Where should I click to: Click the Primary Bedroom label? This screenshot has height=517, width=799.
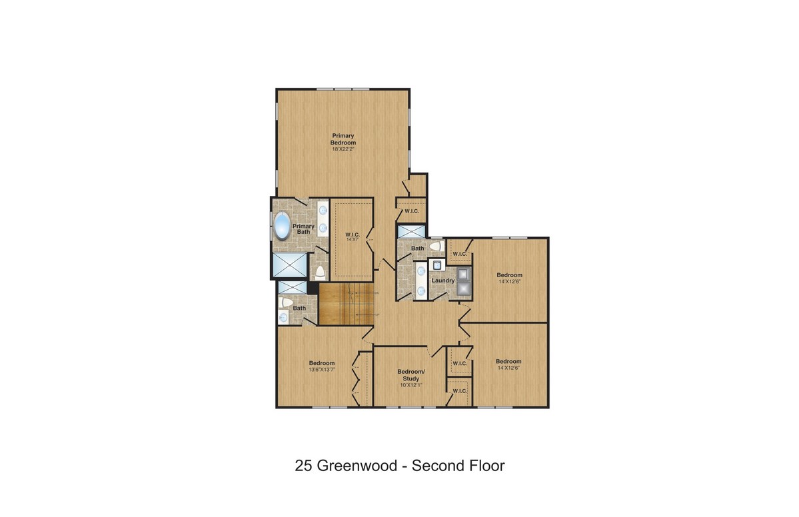(343, 139)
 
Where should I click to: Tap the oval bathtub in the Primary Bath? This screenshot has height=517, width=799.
(282, 226)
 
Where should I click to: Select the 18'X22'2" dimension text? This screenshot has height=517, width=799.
(343, 149)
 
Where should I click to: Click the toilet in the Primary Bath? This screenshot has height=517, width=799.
(320, 272)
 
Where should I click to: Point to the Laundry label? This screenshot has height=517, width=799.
(442, 280)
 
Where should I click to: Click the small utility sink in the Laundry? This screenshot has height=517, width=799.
(436, 265)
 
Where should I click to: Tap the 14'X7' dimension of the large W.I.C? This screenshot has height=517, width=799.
(353, 240)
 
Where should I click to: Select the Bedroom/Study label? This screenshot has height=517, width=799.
(410, 375)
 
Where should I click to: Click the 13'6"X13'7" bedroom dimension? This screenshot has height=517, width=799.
(322, 369)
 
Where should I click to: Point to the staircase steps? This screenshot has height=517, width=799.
(347, 304)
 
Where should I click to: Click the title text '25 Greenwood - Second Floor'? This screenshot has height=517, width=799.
(400, 466)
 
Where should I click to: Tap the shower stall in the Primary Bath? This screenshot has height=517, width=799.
(290, 265)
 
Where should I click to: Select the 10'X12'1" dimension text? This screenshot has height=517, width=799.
(410, 385)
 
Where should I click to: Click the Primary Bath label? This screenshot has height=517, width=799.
(303, 229)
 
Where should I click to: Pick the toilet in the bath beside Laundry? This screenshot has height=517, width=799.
(436, 247)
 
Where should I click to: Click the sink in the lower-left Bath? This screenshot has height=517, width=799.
(283, 317)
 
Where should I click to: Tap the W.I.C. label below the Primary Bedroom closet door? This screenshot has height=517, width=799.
(412, 211)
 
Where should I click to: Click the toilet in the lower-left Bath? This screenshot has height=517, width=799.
(286, 302)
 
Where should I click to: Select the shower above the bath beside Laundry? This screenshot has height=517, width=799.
(411, 231)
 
